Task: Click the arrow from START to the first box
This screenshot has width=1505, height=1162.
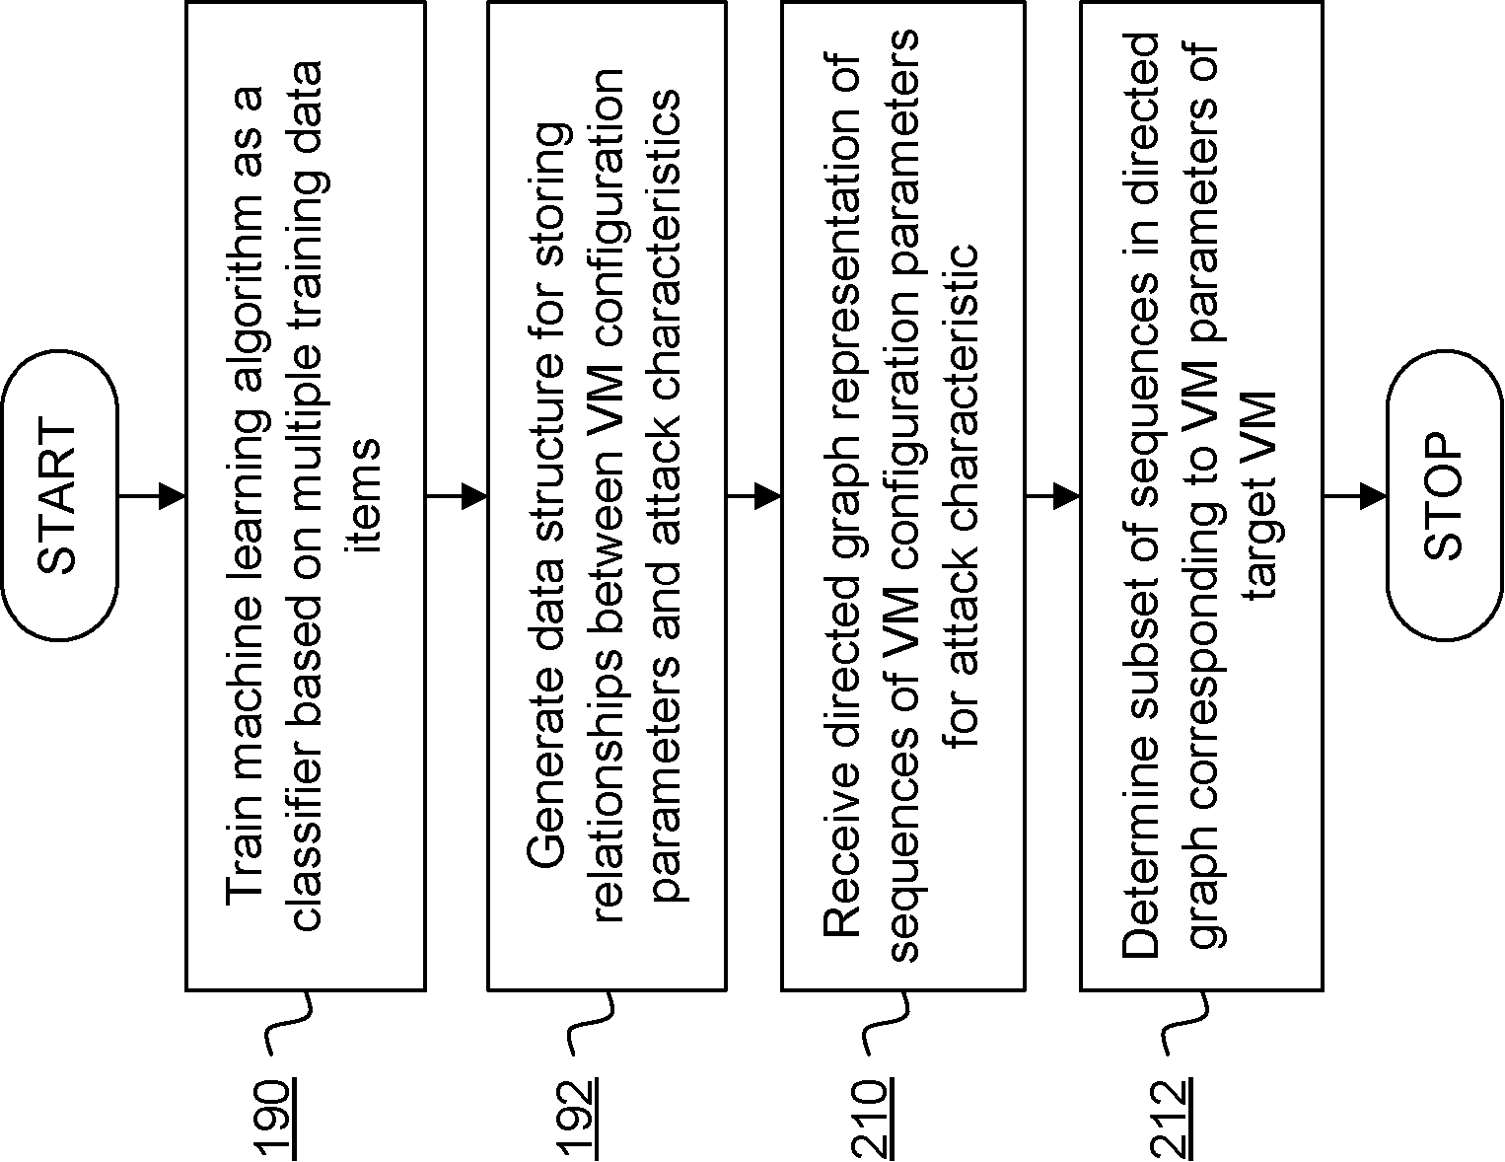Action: coord(153,496)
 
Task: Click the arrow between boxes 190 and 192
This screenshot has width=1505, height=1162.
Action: coord(458,496)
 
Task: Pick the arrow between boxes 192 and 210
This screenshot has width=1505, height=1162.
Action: coord(754,496)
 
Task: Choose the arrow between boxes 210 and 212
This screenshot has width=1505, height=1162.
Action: coord(1053,496)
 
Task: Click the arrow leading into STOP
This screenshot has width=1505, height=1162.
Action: coord(1355,496)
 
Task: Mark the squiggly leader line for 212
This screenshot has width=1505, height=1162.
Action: coord(1183,1021)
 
